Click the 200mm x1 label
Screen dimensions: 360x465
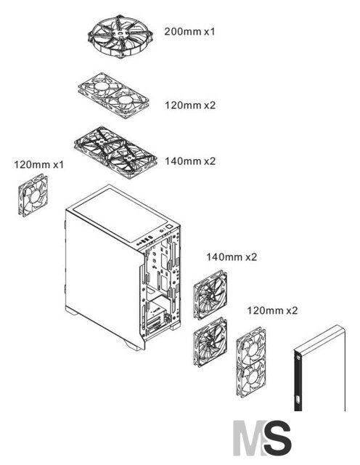click(189, 31)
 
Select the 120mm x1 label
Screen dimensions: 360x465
click(39, 165)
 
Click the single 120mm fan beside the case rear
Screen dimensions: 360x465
click(33, 195)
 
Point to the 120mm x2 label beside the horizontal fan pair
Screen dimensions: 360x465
click(190, 105)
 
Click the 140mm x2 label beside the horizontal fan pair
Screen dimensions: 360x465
click(190, 161)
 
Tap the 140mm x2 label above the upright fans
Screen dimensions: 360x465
click(232, 256)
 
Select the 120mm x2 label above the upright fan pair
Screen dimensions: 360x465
click(272, 310)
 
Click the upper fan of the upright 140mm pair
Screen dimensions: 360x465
click(210, 294)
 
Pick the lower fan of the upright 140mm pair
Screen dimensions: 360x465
click(210, 342)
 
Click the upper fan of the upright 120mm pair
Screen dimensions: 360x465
click(251, 347)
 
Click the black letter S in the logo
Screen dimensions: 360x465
click(277, 437)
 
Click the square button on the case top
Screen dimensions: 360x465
click(169, 227)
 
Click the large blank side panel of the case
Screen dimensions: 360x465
click(104, 276)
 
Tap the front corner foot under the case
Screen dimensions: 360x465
click(133, 345)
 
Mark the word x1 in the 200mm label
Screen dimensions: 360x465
click(209, 31)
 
